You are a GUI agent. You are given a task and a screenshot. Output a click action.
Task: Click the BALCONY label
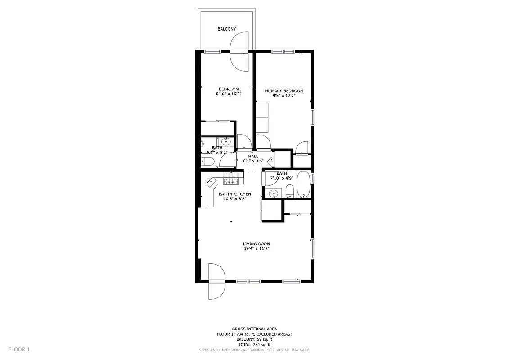(226, 29)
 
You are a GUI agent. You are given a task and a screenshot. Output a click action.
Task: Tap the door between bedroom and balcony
(239, 52)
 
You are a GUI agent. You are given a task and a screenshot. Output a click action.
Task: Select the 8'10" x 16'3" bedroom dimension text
(229, 94)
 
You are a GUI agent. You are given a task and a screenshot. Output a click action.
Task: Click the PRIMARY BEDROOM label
(284, 91)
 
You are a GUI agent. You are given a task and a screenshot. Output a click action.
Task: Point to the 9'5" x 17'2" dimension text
(284, 96)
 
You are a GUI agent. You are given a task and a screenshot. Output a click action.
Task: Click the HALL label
(253, 156)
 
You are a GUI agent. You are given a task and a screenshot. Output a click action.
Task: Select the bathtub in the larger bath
(303, 184)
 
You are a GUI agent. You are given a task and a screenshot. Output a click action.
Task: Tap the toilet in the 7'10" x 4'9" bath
(290, 191)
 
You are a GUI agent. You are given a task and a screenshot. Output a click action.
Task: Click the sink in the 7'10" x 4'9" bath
(273, 193)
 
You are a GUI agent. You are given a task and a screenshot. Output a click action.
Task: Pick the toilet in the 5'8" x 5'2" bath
(208, 162)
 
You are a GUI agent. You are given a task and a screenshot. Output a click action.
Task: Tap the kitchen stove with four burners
(231, 181)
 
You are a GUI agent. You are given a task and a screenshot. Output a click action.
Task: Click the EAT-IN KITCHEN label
(234, 194)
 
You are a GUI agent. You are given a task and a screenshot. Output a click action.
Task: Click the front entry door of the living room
(216, 281)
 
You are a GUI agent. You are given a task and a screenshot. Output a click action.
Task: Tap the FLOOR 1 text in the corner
(19, 349)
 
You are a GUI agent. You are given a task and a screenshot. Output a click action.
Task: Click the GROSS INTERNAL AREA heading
(254, 329)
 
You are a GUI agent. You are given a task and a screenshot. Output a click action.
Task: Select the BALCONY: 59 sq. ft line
(254, 339)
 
